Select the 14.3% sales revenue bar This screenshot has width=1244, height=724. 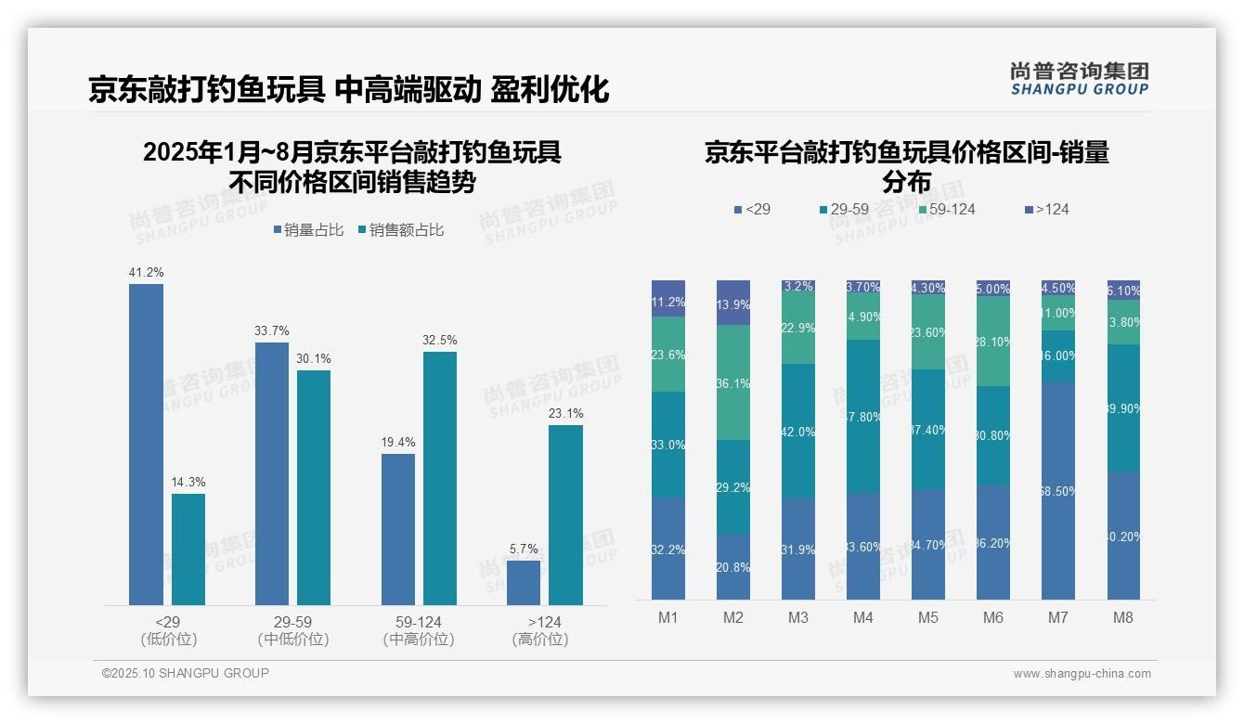188,549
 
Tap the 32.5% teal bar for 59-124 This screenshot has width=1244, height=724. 440,478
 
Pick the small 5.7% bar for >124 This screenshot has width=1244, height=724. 524,583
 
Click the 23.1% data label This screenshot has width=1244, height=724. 565,414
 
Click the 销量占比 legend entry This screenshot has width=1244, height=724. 307,230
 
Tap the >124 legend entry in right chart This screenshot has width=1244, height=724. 1047,210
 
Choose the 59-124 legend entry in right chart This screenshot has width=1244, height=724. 947,210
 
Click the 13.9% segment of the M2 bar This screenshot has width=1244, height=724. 733,304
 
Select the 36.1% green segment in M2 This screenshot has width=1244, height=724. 733,382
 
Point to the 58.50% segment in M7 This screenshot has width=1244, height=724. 1058,490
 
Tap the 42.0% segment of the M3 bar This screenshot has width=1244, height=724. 798,432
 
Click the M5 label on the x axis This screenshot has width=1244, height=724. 928,618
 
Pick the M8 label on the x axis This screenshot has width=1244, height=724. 1123,618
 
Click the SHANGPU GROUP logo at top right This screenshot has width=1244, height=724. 1079,79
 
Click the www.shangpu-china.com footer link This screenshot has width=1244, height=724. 1082,674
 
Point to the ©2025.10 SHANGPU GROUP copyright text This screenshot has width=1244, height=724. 186,673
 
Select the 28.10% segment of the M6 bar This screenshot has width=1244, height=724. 993,342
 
